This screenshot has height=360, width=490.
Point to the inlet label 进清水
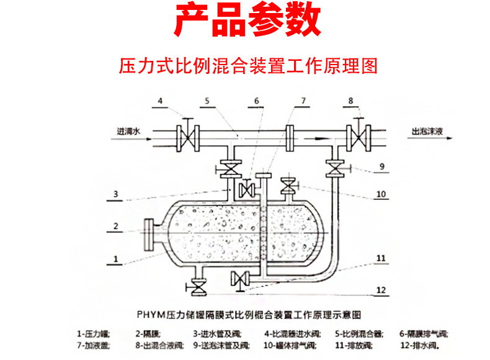pos(129,132)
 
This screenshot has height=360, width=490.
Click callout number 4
pos(159,101)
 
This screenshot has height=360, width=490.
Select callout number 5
pos(208,101)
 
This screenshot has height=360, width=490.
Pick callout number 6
pos(256,101)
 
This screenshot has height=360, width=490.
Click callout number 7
pos(303,101)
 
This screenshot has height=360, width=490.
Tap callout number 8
pos(350,101)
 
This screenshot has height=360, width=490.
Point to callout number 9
pos(381,166)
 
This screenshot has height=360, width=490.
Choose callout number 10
pos(381,194)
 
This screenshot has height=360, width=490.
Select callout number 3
pos(115,194)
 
